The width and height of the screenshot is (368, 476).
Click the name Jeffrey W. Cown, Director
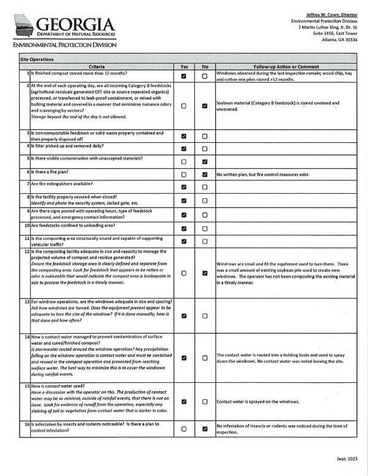coord(331,13)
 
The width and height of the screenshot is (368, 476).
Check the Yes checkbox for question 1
coord(184,76)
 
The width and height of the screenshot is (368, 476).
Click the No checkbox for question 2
coord(204,106)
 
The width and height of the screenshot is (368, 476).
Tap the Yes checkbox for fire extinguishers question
coord(184,186)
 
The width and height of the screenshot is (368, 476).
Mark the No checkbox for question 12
coord(204,273)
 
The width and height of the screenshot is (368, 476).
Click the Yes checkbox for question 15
coord(184,402)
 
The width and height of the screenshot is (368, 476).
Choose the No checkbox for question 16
coord(204,429)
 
